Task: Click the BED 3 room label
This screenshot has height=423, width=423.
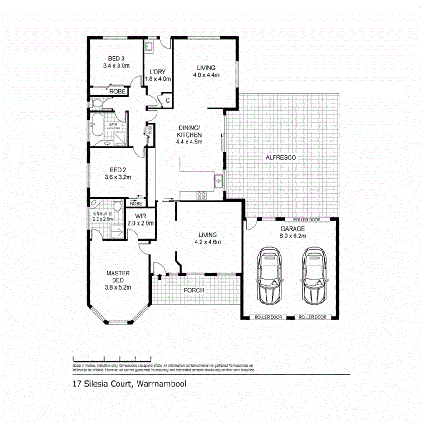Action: pyautogui.click(x=117, y=59)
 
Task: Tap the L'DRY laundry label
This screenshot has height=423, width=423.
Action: pyautogui.click(x=157, y=72)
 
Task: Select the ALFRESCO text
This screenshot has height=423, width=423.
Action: pyautogui.click(x=281, y=157)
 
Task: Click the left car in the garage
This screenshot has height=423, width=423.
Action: pyautogui.click(x=271, y=275)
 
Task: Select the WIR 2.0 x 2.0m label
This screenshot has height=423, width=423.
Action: pyautogui.click(x=141, y=220)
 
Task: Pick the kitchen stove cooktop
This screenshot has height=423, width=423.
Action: pyautogui.click(x=201, y=196)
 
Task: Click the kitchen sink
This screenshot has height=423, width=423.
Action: pyautogui.click(x=219, y=181)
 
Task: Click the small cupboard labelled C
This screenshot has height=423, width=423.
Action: pyautogui.click(x=167, y=100)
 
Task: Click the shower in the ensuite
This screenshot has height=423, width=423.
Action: pyautogui.click(x=116, y=232)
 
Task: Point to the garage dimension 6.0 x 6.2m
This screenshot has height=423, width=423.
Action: pyautogui.click(x=292, y=236)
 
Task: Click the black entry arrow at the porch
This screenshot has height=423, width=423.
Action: pyautogui.click(x=160, y=276)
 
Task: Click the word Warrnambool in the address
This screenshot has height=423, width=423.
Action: pyautogui.click(x=161, y=384)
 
